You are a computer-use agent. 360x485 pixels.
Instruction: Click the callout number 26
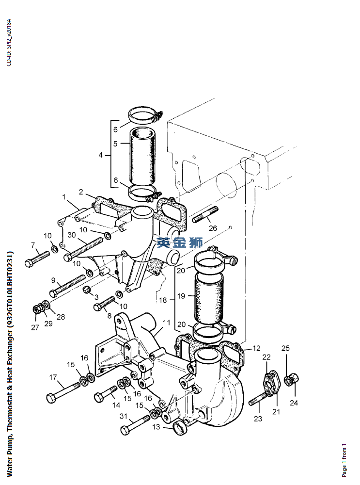coord(213,228)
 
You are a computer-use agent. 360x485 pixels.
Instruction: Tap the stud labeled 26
coord(205,214)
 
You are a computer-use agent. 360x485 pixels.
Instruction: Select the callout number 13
coord(157,427)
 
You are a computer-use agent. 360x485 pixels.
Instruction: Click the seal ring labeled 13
coord(180,428)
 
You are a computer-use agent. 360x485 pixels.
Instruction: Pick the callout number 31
coord(124,416)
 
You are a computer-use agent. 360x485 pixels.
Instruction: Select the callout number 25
coord(285,348)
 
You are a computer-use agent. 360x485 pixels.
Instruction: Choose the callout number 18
coord(163,300)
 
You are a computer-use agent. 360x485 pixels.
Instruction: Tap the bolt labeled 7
coord(37,259)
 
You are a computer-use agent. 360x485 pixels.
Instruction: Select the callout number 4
coord(100,155)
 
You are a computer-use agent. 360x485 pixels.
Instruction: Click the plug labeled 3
coord(87,290)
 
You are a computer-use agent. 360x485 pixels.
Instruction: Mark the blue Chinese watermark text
coord(180,242)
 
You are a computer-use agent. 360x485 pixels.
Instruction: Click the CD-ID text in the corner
coord(9,42)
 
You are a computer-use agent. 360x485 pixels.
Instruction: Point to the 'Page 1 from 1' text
coord(344,461)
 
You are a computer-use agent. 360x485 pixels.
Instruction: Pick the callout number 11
coord(167,323)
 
